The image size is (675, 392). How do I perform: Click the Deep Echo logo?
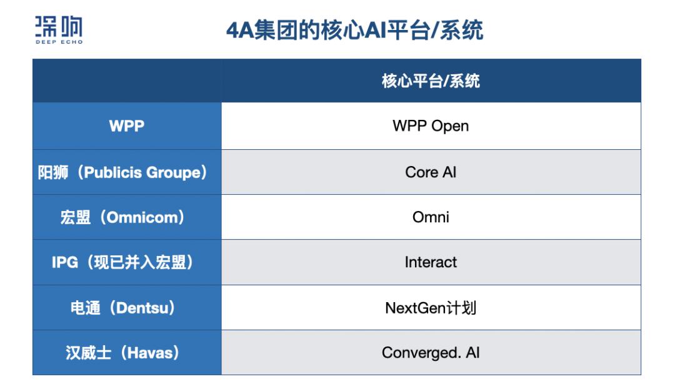(59, 30)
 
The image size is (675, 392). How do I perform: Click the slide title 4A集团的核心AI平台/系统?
(355, 30)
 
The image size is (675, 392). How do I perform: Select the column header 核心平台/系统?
(431, 81)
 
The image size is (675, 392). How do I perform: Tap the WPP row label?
(126, 126)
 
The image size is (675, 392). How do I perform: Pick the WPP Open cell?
(431, 126)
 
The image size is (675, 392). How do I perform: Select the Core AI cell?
(431, 172)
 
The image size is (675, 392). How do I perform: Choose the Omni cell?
(431, 217)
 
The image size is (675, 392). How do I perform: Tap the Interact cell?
(431, 262)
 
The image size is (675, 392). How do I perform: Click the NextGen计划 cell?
(431, 308)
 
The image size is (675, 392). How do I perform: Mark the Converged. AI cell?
(431, 353)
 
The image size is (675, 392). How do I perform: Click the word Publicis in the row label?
(112, 172)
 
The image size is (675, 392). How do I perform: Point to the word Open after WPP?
(450, 126)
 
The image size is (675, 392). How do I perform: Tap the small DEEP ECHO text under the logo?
(59, 42)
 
